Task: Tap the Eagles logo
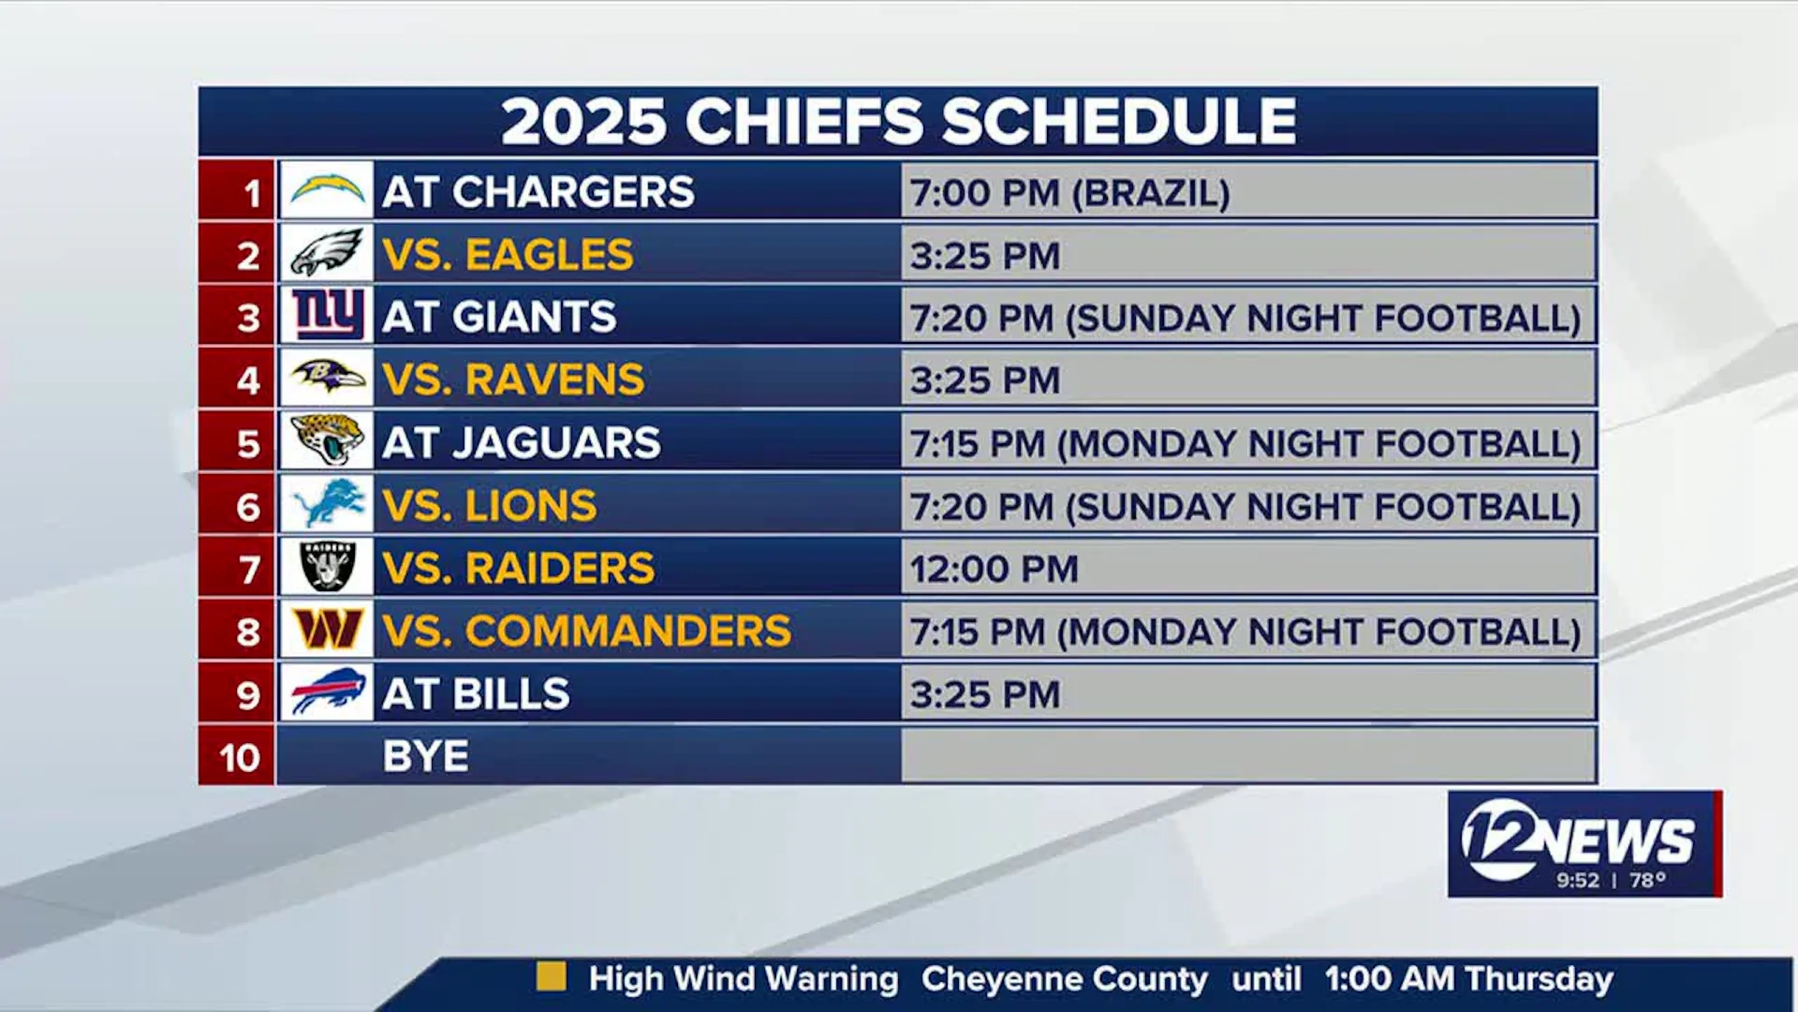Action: click(x=326, y=252)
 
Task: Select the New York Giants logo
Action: click(x=327, y=314)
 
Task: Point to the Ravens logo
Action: click(x=328, y=377)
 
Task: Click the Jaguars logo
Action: click(x=327, y=439)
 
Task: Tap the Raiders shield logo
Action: click(x=327, y=566)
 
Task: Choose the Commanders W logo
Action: click(x=327, y=629)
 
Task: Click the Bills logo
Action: click(x=327, y=692)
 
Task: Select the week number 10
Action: click(x=239, y=757)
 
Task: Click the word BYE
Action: click(x=425, y=756)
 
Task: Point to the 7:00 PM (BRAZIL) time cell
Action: click(x=1069, y=193)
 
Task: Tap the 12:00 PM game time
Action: click(x=994, y=569)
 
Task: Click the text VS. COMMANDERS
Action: click(x=586, y=631)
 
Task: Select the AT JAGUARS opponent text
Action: click(x=521, y=442)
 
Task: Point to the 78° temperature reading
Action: click(x=1647, y=880)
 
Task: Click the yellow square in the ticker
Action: click(x=551, y=977)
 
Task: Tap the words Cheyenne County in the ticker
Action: click(x=1064, y=979)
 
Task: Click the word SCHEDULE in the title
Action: click(x=1119, y=122)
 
